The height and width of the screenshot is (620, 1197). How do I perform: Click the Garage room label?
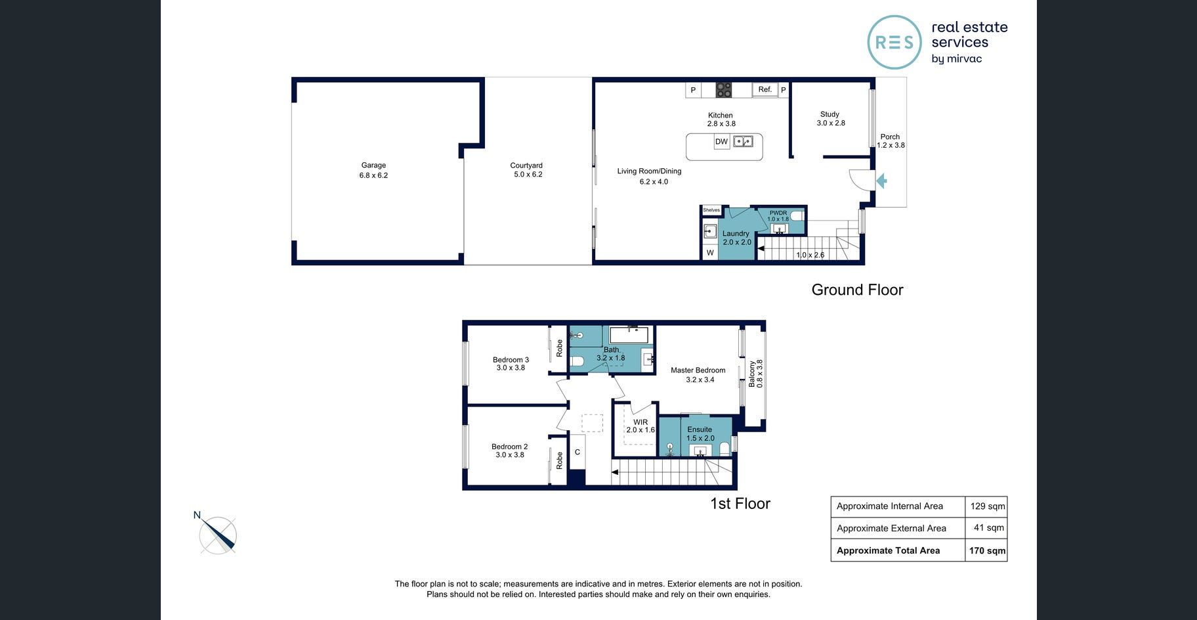pyautogui.click(x=373, y=166)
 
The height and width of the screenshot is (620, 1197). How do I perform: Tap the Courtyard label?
pyautogui.click(x=526, y=166)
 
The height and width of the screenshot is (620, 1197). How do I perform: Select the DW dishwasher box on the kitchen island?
pyautogui.click(x=721, y=141)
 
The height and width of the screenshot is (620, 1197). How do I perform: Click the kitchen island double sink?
pyautogui.click(x=743, y=141)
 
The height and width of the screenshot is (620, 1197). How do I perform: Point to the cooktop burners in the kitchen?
pyautogui.click(x=723, y=90)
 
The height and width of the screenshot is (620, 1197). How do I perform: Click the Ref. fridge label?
pyautogui.click(x=765, y=89)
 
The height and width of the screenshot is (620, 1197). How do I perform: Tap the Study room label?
pyautogui.click(x=829, y=114)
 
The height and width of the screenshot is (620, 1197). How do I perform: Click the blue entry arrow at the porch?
pyautogui.click(x=881, y=181)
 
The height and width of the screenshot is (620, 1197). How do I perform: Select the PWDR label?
pyautogui.click(x=778, y=213)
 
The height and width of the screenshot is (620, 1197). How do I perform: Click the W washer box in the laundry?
pyautogui.click(x=710, y=252)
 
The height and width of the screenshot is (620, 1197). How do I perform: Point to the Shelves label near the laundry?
pyautogui.click(x=711, y=210)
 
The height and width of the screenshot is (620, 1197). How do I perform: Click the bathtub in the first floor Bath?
pyautogui.click(x=629, y=335)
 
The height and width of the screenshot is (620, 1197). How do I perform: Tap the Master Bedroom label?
pyautogui.click(x=698, y=370)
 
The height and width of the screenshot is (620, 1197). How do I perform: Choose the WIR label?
pyautogui.click(x=640, y=422)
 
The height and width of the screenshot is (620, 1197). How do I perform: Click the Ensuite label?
pyautogui.click(x=700, y=430)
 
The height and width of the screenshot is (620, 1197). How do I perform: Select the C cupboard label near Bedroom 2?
pyautogui.click(x=577, y=452)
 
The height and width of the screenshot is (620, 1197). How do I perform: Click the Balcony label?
pyautogui.click(x=752, y=374)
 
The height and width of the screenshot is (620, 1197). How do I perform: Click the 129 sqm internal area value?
pyautogui.click(x=988, y=506)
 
